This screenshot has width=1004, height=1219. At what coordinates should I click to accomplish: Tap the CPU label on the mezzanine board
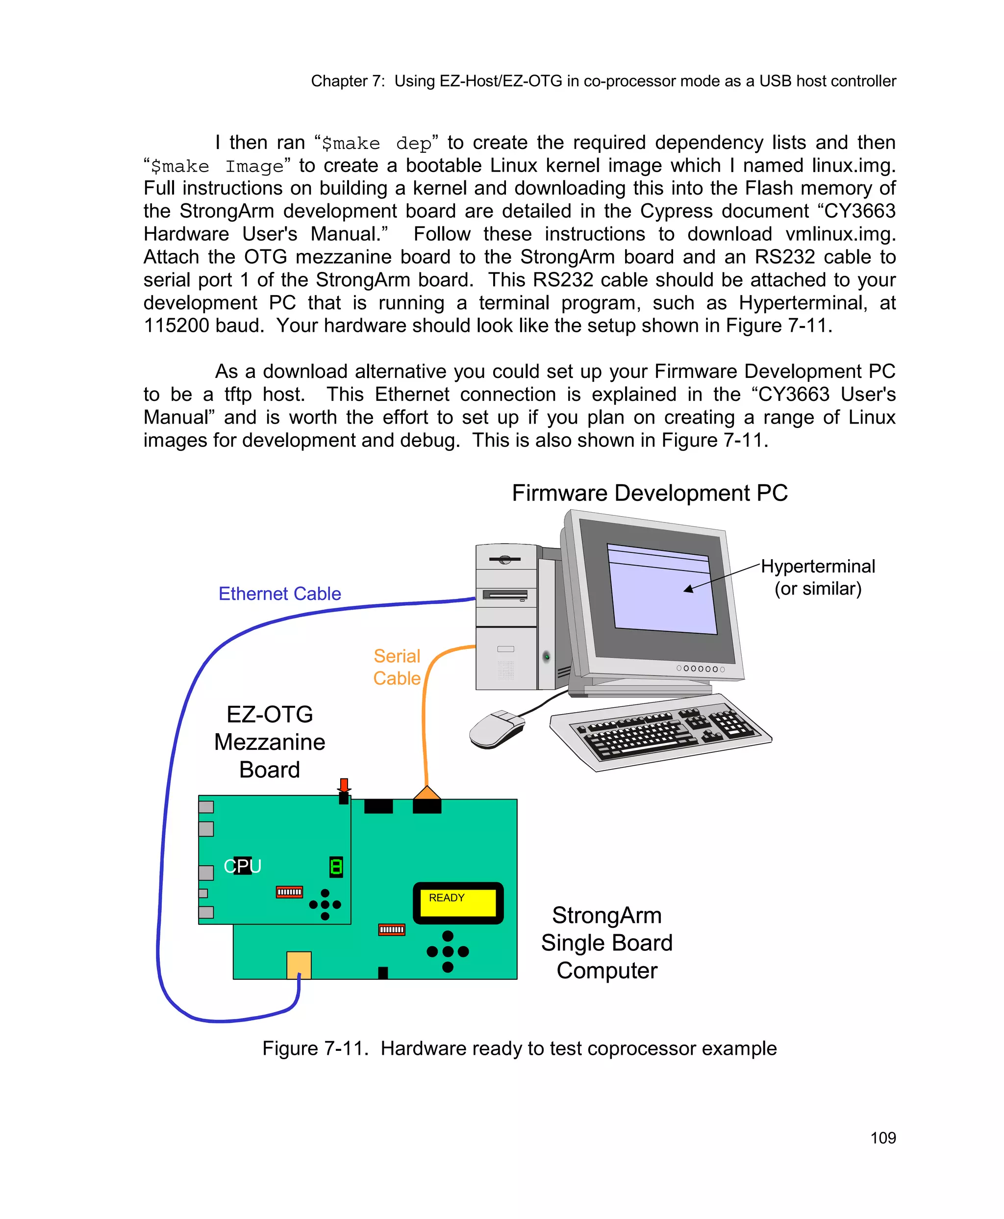pos(242,866)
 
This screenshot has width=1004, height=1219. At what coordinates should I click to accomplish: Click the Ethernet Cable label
pos(279,594)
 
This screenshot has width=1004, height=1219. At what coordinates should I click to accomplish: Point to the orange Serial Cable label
pos(397,667)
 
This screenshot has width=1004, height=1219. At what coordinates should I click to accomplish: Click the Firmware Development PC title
pos(650,493)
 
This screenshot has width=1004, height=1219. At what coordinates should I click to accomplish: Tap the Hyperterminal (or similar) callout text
pos(817,577)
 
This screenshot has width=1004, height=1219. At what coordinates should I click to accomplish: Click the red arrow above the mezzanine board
pos(344,785)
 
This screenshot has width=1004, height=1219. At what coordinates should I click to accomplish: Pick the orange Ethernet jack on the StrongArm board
pos(299,965)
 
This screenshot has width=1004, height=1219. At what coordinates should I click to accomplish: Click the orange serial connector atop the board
pos(427,794)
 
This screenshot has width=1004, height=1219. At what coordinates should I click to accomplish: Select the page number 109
pos(882,1138)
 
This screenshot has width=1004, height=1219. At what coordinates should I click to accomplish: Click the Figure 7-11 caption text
pos(519,1048)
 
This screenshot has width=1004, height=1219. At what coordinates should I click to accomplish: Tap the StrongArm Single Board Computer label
pos(607,943)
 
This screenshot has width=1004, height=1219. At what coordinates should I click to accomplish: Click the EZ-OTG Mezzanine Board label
pos(270,742)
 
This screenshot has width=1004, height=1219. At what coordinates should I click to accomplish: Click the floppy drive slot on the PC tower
pos(505,595)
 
